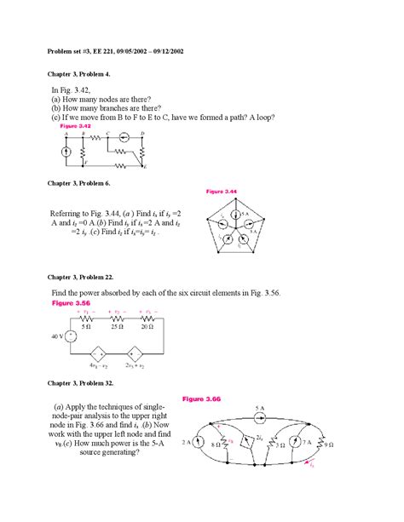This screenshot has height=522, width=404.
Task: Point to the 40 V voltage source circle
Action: [x=72, y=336]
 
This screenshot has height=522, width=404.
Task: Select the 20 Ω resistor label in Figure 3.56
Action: [x=147, y=326]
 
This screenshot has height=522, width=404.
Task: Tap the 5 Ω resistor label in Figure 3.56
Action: [x=85, y=326]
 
